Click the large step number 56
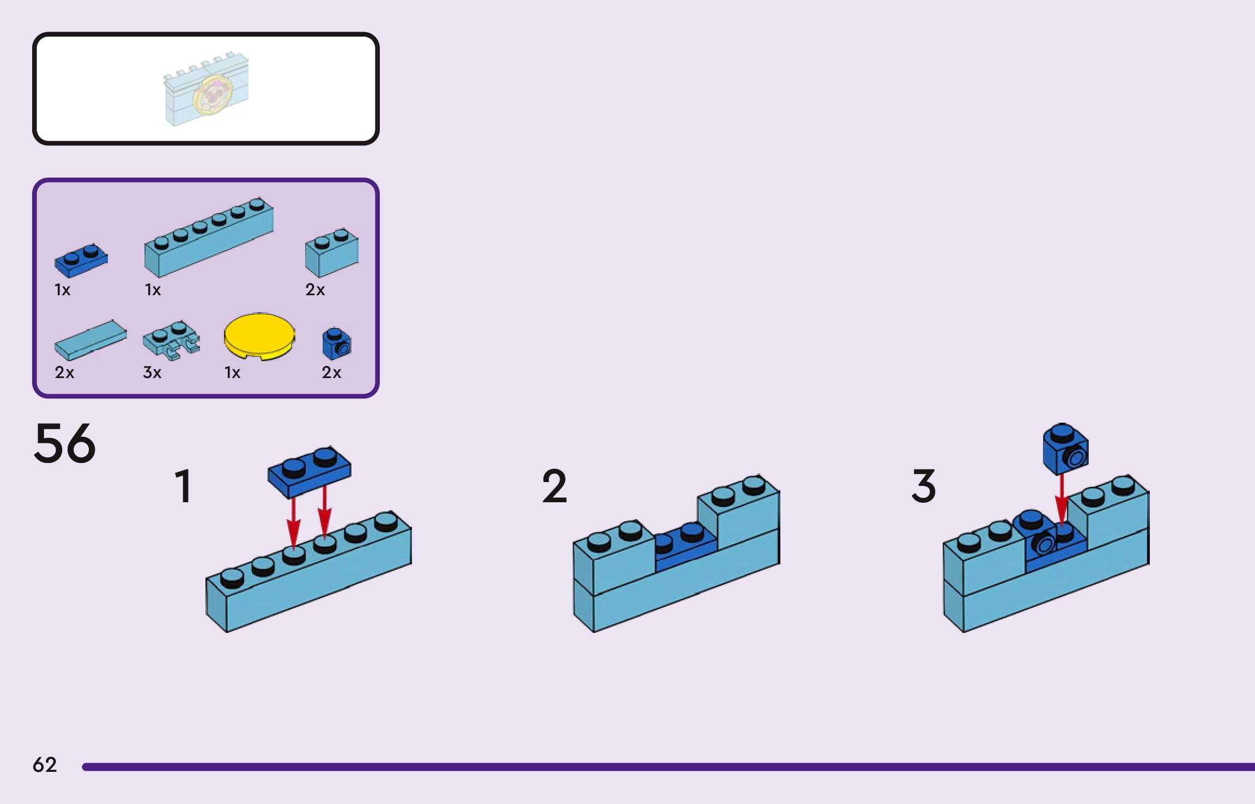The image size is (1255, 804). pos(65,443)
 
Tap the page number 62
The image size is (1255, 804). pos(45,765)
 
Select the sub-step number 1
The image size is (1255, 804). pos(183,486)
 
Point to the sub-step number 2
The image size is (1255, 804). pos(554,486)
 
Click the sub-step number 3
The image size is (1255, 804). pos(923,486)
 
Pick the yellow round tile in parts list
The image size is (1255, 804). pos(259,336)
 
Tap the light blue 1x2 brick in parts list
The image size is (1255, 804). pos(331,253)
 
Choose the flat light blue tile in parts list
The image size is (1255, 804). pos(90,340)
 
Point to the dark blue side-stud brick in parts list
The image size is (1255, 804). pos(337,344)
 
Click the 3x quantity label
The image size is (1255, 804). pos(152,373)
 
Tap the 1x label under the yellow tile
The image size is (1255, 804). pos(232,373)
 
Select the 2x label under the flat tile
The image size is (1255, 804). pos(64,373)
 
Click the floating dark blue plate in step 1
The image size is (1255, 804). pos(309,472)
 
